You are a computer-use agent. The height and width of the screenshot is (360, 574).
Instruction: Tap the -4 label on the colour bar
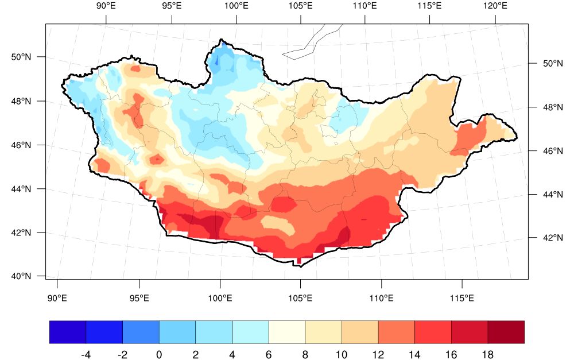tap(86, 354)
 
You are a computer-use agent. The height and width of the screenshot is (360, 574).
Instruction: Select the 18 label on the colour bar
tap(487, 354)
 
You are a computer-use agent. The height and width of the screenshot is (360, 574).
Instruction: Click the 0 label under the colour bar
tap(159, 354)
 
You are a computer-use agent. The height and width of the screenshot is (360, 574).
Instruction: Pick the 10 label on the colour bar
tap(342, 354)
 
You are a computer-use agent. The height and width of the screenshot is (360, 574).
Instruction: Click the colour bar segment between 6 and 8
tap(287, 332)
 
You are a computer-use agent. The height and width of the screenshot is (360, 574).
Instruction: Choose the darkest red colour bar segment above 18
tap(506, 332)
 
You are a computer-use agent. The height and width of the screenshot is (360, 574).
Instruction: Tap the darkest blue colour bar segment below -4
tap(68, 332)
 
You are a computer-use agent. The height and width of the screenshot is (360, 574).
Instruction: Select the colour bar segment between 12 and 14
tap(397, 332)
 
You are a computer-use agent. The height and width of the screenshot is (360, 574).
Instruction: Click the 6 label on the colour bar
tap(269, 354)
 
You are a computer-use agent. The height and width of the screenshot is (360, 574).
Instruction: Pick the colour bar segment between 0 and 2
tap(177, 332)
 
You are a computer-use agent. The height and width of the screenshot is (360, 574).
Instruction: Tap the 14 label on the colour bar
tap(414, 354)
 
